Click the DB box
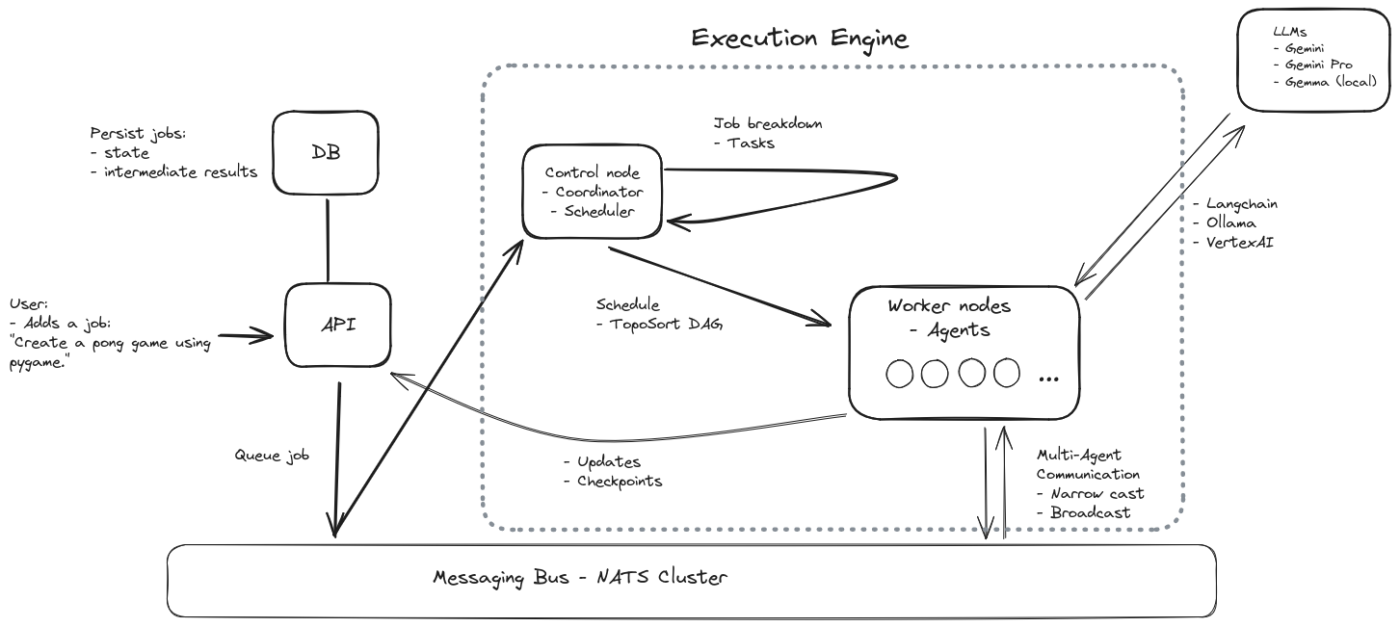326,152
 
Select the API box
338,325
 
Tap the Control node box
592,191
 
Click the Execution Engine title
800,39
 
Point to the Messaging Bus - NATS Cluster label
580,578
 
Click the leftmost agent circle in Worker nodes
899,374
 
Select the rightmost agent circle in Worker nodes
1006,373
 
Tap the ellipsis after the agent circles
1048,379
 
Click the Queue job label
272,456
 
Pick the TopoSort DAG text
666,325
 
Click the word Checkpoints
620,482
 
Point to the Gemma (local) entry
1331,82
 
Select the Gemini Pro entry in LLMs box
1318,65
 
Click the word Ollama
1230,222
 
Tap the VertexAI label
1239,243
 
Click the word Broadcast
1090,512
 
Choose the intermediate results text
180,171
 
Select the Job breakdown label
768,123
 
